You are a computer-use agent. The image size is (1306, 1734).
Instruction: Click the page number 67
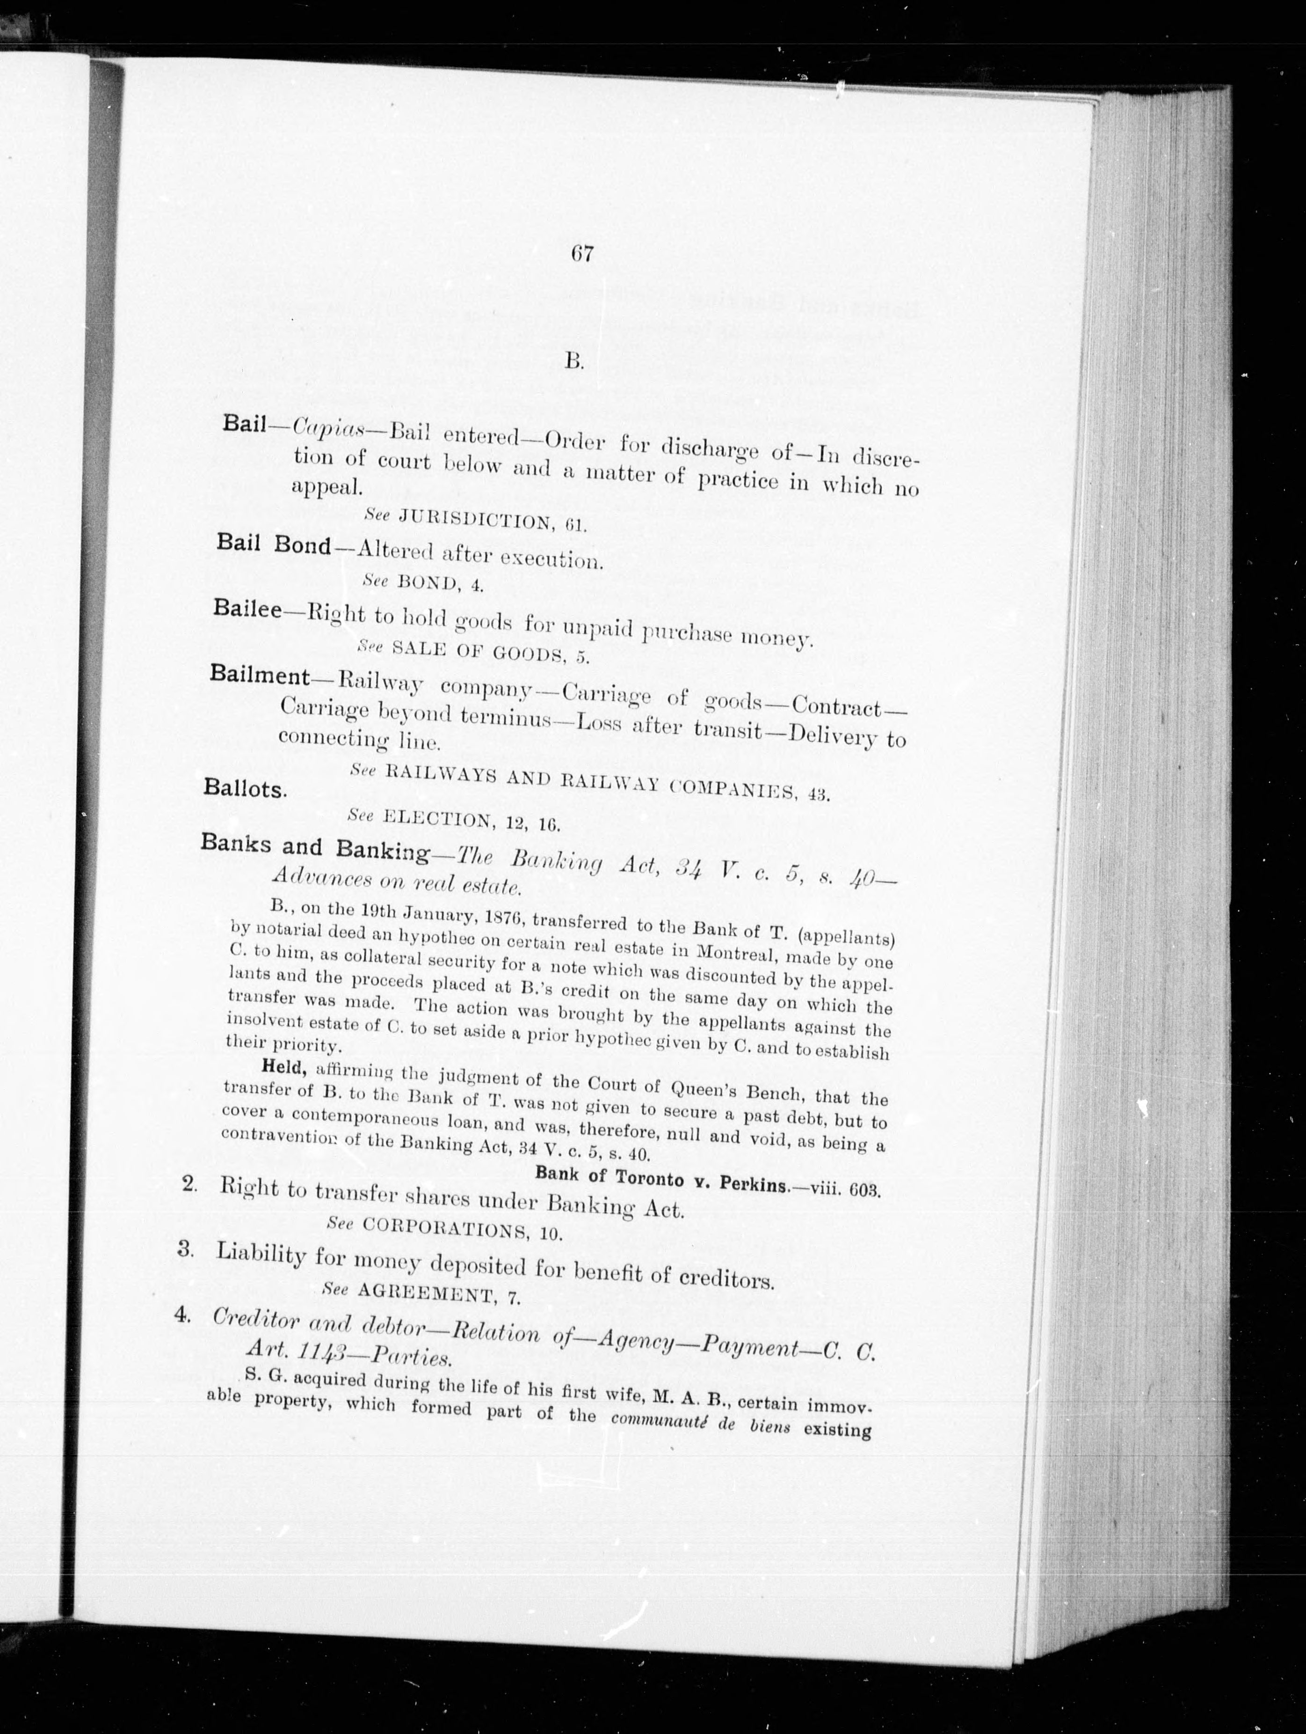[x=581, y=255]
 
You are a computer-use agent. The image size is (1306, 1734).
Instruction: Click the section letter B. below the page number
[x=574, y=360]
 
